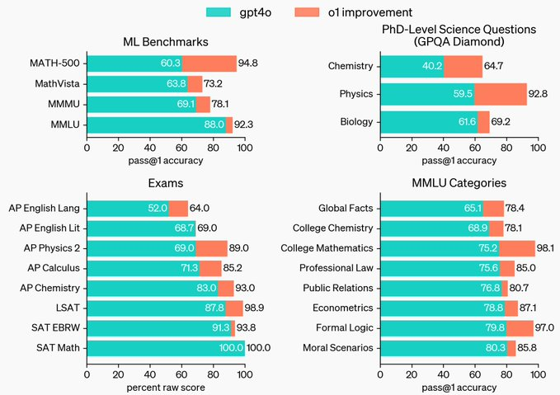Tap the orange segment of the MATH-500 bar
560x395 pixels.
pos(209,63)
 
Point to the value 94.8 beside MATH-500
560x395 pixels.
pos(250,63)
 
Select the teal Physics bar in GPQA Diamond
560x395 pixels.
pos(426,94)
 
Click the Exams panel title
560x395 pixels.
pos(165,183)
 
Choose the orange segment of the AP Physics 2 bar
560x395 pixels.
pos(211,248)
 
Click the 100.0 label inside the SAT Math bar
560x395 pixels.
pos(230,347)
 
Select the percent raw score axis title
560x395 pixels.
pos(165,387)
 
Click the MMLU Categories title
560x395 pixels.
pos(459,183)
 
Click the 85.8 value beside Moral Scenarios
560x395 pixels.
pos(530,347)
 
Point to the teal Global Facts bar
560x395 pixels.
pos(431,209)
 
